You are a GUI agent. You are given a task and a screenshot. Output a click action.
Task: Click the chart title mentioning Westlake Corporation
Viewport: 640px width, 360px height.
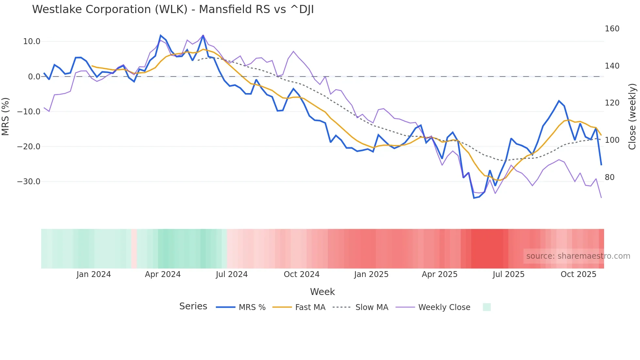click(173, 9)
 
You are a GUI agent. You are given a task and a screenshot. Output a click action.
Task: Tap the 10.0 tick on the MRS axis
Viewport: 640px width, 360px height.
click(32, 41)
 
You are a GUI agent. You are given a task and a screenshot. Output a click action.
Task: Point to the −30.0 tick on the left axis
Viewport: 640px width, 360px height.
click(29, 182)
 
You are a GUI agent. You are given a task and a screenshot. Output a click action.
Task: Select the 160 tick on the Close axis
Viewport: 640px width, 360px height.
click(612, 29)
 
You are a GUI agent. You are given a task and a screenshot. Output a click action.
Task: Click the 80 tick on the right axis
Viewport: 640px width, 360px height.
click(610, 177)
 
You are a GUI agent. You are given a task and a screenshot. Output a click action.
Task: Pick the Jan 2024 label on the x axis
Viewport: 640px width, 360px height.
click(94, 274)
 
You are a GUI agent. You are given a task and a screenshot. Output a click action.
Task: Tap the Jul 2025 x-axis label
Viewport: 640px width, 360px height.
click(508, 274)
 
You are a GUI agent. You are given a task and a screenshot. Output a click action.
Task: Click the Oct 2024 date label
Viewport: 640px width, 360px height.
click(301, 274)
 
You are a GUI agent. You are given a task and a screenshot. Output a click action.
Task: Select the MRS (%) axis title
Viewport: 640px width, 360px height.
click(6, 116)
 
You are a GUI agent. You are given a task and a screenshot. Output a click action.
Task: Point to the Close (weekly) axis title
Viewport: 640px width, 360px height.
click(632, 116)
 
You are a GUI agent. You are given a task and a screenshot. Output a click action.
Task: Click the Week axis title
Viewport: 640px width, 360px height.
click(322, 292)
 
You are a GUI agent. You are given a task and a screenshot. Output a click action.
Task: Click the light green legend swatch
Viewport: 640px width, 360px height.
click(487, 307)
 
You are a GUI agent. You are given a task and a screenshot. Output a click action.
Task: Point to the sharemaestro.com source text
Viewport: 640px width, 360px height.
click(578, 256)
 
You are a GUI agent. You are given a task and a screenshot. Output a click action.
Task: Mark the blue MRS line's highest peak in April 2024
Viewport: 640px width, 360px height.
click(161, 35)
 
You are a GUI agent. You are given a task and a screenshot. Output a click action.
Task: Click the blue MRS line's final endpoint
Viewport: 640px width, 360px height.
click(601, 165)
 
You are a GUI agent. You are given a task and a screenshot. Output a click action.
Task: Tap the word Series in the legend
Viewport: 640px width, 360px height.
click(193, 306)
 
